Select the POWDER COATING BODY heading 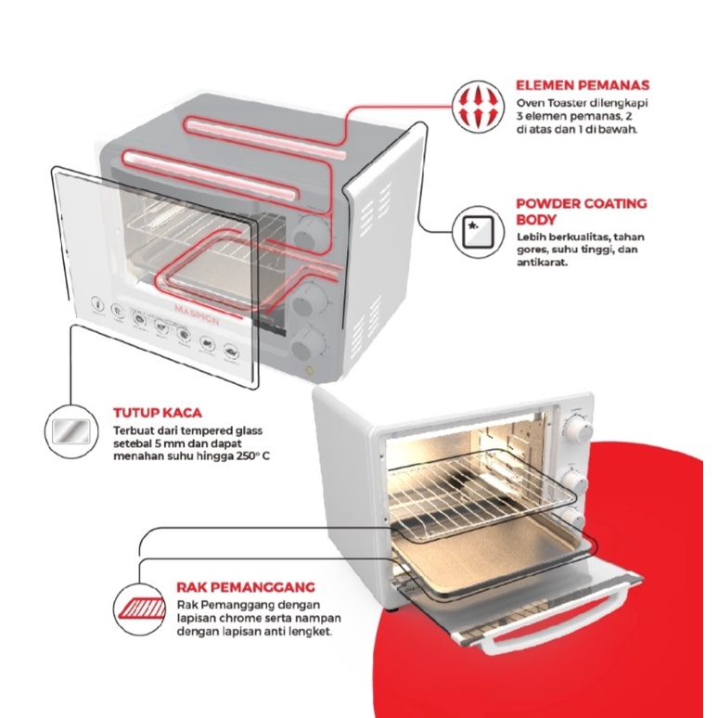click(581, 211)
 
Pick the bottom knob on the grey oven click(302, 350)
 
